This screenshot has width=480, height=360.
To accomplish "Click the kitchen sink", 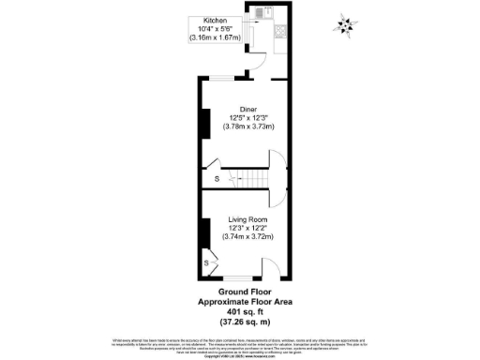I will [x=268, y=13].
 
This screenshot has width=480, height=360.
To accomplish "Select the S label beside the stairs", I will [x=217, y=177].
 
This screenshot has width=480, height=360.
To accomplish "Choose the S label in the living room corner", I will [x=206, y=263].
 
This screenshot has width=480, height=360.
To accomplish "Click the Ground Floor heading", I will [x=239, y=292].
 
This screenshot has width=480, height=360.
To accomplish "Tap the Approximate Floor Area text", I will [x=240, y=301].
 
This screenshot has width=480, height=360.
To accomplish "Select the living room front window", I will [x=238, y=278].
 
